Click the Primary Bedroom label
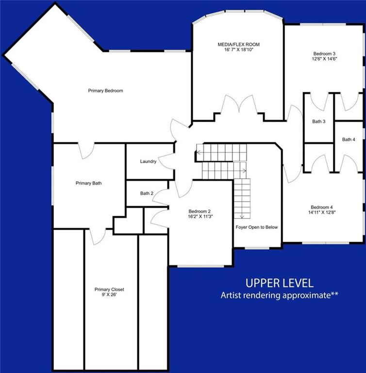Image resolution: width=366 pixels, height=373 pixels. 105,91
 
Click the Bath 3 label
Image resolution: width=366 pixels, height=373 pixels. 318,121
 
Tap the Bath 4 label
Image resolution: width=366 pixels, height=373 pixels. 349,139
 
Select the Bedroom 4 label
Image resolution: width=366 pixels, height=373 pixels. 322,206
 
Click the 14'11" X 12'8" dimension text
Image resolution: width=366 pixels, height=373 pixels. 322,212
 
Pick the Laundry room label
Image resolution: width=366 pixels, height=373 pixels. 148,161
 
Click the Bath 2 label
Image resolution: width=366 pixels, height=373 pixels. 147,193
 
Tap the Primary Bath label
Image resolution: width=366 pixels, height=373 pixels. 88,183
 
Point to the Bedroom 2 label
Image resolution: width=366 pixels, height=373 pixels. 200,211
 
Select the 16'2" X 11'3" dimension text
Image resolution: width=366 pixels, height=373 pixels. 200,217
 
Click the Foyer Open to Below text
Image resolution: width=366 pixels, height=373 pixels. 258,227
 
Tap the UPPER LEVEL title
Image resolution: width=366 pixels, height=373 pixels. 279,283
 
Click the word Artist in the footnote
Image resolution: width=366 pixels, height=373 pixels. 231,295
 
